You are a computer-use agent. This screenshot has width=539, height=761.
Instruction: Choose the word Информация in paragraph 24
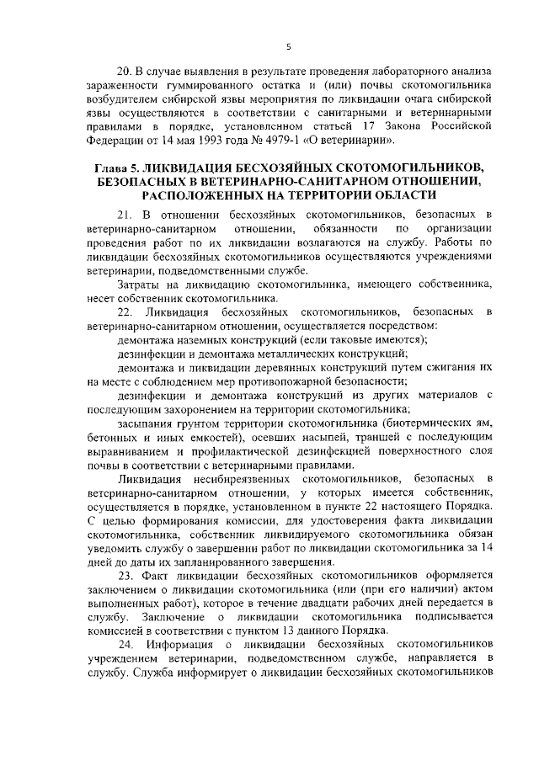tap(187, 644)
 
